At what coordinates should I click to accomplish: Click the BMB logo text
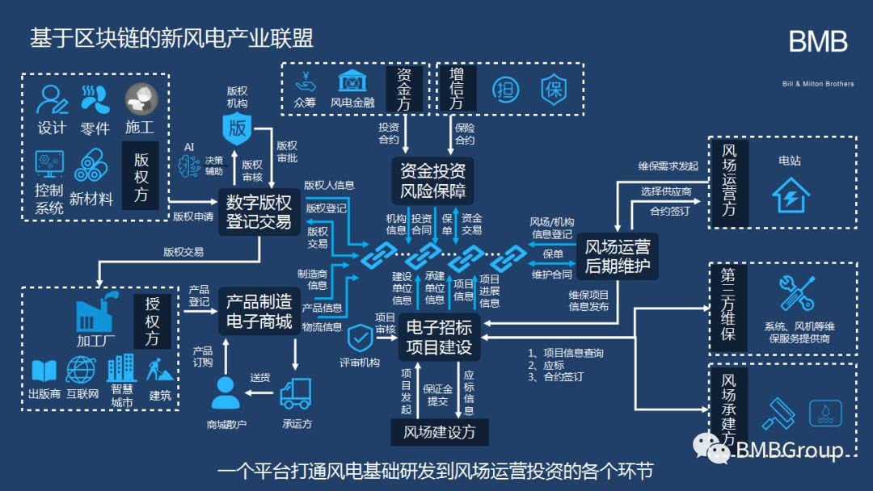pos(818,43)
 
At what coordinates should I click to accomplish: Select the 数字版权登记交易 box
pos(259,211)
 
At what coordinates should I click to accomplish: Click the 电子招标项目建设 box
pos(439,337)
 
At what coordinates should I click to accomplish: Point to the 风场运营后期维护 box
pos(617,256)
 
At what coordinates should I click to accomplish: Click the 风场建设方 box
pos(440,432)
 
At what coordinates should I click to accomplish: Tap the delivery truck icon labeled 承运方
pos(296,394)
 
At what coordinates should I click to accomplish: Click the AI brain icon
pos(189,166)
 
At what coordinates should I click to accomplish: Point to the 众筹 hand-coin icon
pos(305,82)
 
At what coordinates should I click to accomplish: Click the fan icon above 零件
pos(95,99)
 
